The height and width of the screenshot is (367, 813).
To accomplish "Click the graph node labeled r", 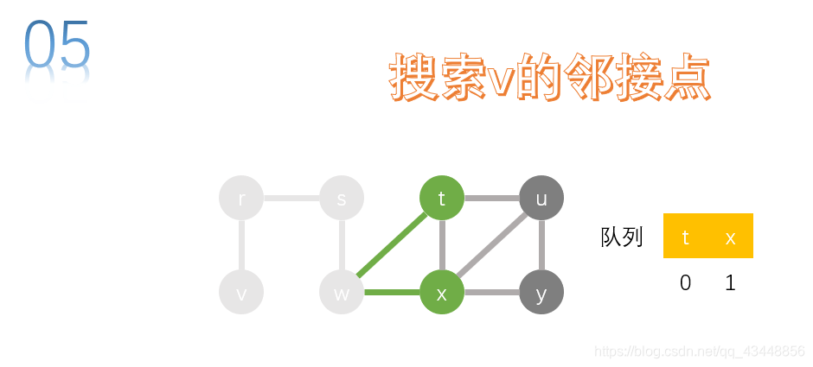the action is (x=241, y=199).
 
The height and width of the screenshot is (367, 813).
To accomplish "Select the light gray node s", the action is (x=342, y=199).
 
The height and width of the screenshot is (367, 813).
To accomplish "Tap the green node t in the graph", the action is (x=442, y=199).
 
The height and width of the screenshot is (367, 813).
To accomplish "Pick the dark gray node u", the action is (x=541, y=199).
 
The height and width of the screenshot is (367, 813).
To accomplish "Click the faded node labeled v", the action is (x=241, y=293).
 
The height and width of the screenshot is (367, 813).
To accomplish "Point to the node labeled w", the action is (x=342, y=293).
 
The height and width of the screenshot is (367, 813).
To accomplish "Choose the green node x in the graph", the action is (x=442, y=293).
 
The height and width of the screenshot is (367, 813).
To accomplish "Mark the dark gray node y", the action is (x=541, y=293).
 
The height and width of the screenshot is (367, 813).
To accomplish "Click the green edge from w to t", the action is (x=392, y=245).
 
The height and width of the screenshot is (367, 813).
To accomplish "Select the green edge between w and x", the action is (x=392, y=293).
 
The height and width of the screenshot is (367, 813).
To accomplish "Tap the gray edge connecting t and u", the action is (x=491, y=199).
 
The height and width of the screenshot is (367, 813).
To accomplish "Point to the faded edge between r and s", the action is (x=291, y=199).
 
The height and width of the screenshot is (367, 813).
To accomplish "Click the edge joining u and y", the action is (x=541, y=245).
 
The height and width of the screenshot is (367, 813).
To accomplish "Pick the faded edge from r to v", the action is (x=241, y=245).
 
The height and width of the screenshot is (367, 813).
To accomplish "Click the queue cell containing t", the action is (x=686, y=236).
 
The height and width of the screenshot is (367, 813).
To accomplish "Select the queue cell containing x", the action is (x=731, y=236).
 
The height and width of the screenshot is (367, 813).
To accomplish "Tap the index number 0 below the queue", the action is (x=686, y=283).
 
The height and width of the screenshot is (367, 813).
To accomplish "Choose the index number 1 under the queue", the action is (x=731, y=283).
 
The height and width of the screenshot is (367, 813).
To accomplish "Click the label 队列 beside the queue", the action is (x=622, y=237).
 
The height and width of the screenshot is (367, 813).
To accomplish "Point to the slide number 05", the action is (x=57, y=43).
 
